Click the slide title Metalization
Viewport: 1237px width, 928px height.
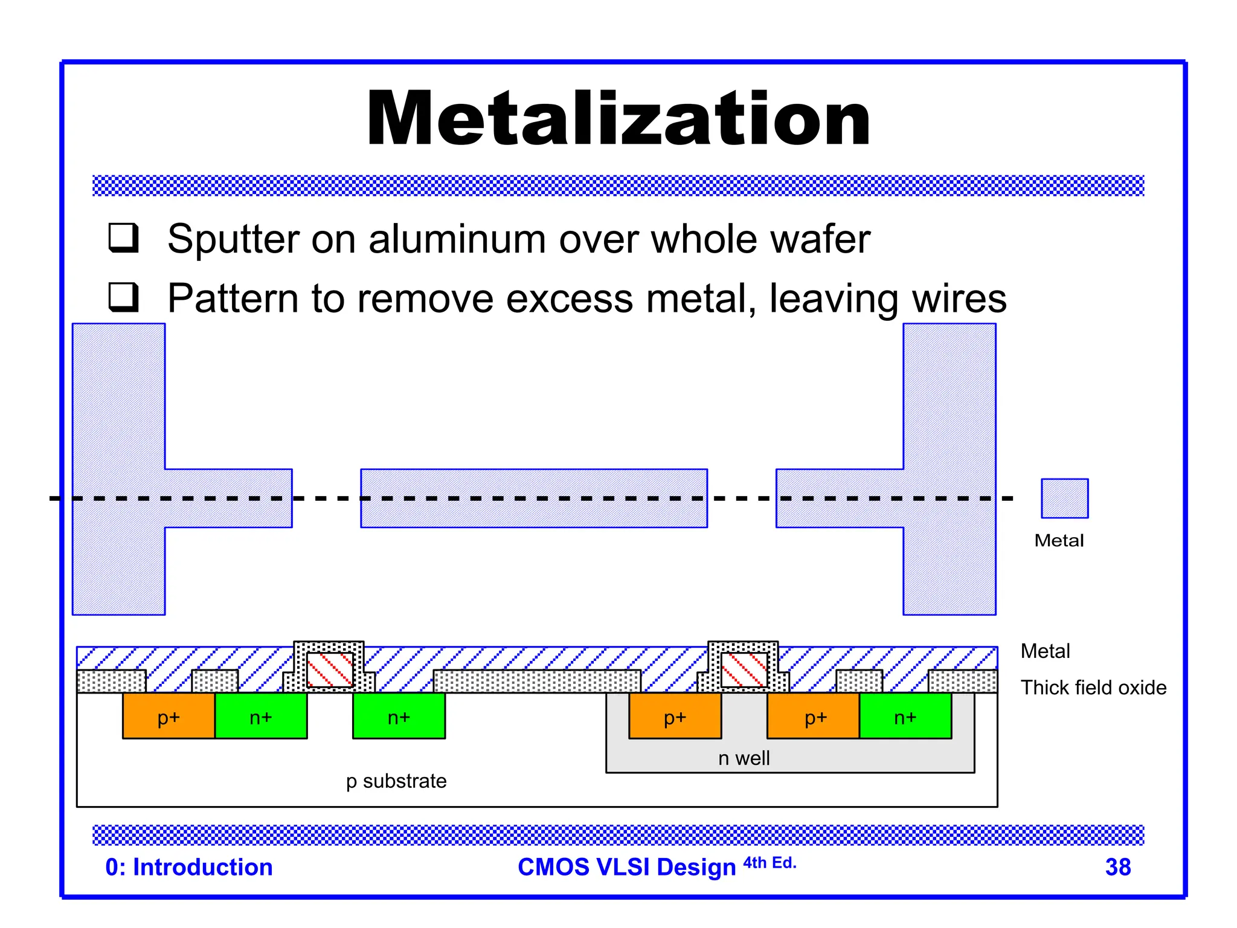tap(618, 118)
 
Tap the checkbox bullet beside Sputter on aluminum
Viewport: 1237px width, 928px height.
tap(124, 237)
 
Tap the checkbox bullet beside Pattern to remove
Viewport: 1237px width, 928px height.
tap(124, 297)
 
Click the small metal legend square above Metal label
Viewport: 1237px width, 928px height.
tap(1064, 498)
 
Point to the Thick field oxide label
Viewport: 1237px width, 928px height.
tap(1093, 688)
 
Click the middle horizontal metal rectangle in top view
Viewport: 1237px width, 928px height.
tap(534, 498)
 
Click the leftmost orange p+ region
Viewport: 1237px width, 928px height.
tap(169, 716)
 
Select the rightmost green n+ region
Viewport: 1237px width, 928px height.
tap(905, 716)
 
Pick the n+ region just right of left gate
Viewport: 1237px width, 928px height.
tap(399, 716)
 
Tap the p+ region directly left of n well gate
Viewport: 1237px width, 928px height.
tap(675, 716)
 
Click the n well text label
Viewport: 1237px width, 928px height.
tap(744, 758)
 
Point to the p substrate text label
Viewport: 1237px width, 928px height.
tap(396, 781)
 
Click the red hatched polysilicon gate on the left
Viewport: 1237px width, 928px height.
tap(330, 669)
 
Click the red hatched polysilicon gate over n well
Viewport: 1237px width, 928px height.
tap(744, 669)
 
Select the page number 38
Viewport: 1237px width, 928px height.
tap(1117, 867)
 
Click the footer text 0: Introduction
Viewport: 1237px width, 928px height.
tap(189, 867)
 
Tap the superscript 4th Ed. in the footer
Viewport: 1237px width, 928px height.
tap(770, 862)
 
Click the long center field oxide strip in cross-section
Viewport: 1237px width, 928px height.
tap(537, 681)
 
